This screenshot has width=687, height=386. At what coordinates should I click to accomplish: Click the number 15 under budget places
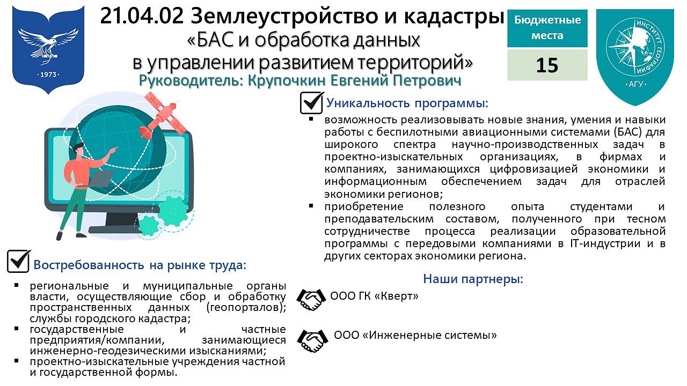[x=547, y=65]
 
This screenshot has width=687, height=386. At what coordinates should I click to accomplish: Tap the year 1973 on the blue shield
[x=48, y=75]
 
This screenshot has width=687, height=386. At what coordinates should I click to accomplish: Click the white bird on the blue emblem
[x=48, y=44]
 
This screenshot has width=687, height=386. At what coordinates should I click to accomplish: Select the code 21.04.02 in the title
[x=142, y=16]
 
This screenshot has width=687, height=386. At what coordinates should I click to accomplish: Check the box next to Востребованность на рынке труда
[x=18, y=261]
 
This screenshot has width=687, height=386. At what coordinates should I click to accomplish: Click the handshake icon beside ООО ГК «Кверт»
[x=311, y=300]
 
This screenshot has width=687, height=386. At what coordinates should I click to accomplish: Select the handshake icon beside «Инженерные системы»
[x=312, y=340]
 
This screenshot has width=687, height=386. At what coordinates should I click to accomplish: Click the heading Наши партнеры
[x=473, y=279]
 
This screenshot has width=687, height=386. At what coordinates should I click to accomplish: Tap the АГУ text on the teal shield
[x=635, y=84]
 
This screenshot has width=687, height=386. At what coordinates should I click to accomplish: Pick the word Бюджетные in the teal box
[x=547, y=20]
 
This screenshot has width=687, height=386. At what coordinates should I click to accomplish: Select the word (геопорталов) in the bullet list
[x=246, y=307]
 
